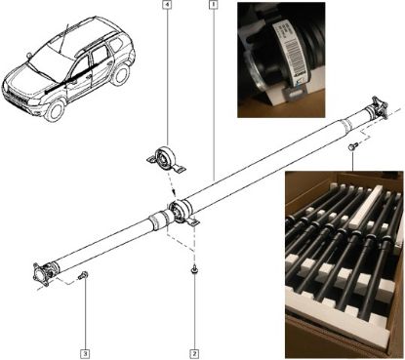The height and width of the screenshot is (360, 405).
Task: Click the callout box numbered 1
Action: (x=213, y=6)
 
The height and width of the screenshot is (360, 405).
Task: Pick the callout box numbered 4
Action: (x=167, y=6)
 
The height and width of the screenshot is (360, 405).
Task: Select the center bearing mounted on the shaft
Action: (x=182, y=211)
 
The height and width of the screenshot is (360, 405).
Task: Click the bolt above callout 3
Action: (x=83, y=277)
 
